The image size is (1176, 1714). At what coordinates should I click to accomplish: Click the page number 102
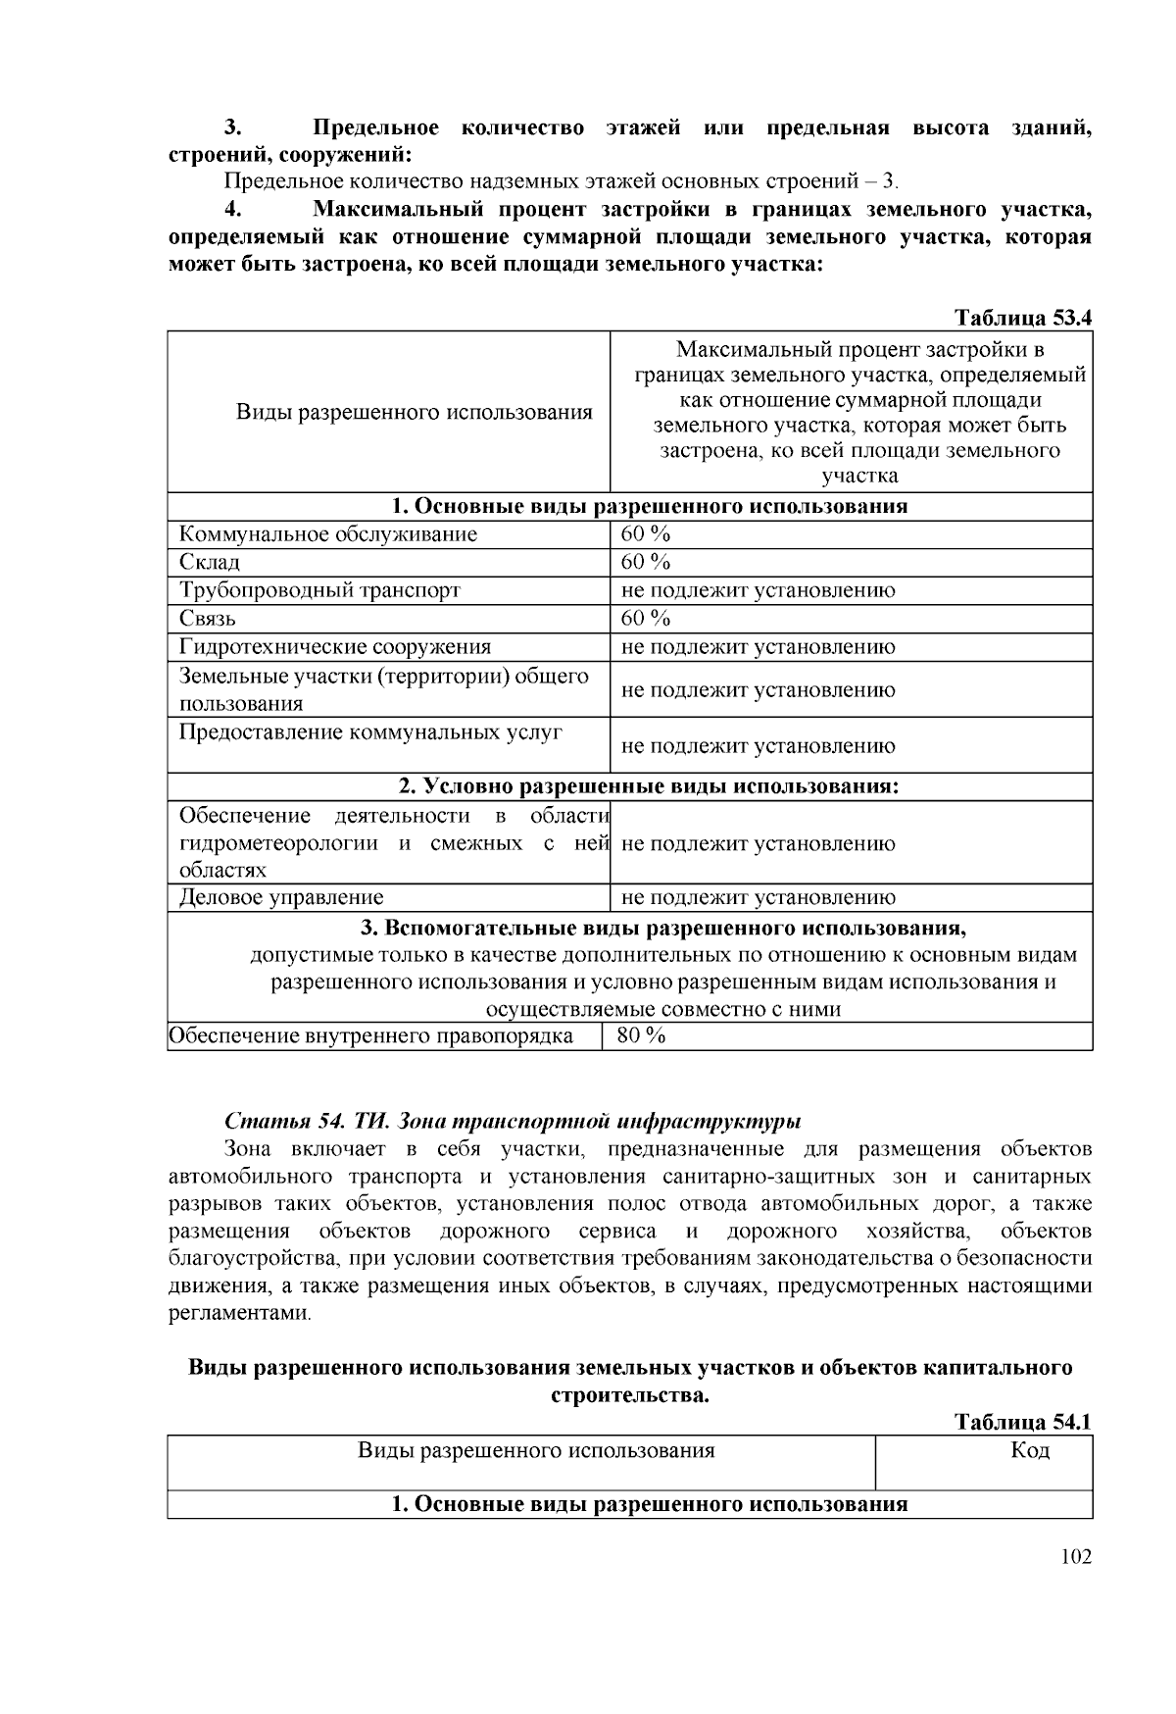[1075, 1557]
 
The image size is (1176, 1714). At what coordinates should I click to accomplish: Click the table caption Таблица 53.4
[1023, 318]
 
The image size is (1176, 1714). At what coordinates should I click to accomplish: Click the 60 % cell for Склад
[646, 562]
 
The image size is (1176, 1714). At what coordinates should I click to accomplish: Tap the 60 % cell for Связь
[646, 618]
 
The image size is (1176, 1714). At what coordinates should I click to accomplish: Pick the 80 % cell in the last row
[641, 1035]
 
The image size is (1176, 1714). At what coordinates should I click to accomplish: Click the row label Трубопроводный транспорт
[319, 590]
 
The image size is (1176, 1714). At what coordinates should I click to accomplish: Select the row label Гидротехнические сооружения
[335, 647]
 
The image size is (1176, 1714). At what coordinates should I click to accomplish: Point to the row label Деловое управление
[281, 897]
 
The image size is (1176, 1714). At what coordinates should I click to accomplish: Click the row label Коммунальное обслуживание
[328, 534]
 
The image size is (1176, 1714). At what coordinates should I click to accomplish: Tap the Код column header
[1030, 1450]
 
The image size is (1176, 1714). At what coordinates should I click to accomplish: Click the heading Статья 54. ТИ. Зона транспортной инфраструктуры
[513, 1120]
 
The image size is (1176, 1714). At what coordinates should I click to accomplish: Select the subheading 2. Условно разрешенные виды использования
[649, 786]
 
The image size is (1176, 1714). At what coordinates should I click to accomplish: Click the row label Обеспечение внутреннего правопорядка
[370, 1036]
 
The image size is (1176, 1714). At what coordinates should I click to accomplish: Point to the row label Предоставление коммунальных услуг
[370, 732]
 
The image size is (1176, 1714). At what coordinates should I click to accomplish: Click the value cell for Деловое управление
[759, 897]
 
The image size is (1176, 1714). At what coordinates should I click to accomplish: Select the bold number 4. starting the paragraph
[232, 209]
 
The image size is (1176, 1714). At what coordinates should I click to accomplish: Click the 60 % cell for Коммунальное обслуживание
[646, 534]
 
